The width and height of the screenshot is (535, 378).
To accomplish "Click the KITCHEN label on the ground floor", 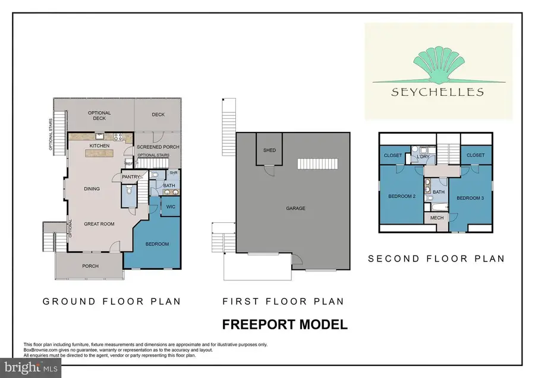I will tap(98, 145).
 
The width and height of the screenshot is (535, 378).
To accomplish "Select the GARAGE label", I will tap(295, 209).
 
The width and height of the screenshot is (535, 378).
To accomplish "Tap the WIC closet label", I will tap(170, 206).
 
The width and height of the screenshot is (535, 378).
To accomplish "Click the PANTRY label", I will tap(130, 177).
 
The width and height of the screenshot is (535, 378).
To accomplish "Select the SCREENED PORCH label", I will tap(155, 147).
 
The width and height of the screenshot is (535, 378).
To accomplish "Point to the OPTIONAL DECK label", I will tap(99, 116).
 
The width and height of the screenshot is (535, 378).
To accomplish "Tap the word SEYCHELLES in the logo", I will tap(438, 92).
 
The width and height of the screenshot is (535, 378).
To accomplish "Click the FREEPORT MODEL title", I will tap(284, 325).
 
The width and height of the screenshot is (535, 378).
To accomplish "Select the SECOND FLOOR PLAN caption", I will tap(436, 259).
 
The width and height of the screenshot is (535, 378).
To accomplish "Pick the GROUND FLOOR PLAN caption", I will tap(112, 301).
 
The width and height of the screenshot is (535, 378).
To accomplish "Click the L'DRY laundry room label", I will tap(424, 156).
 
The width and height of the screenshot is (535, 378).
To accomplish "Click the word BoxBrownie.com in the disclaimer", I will tap(39, 350).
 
